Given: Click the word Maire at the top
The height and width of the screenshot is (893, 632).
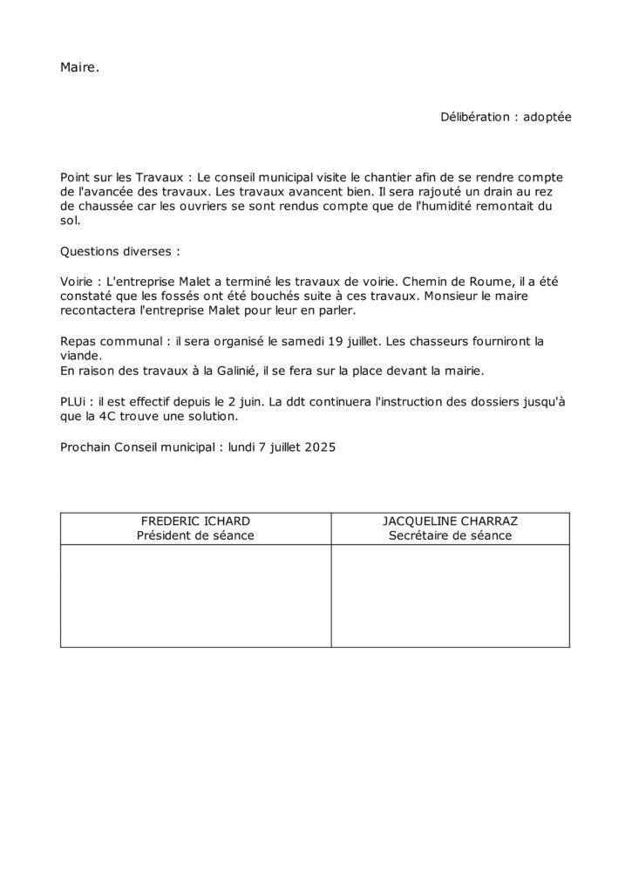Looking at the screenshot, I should click(x=79, y=67).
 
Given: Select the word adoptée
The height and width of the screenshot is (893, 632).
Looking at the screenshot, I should click(x=547, y=116).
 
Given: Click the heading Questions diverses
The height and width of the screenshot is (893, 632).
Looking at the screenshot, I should click(x=119, y=251).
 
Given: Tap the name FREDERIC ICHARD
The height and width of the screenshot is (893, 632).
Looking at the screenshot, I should click(x=195, y=521).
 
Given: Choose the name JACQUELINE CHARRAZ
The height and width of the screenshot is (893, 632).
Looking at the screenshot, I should click(x=450, y=521).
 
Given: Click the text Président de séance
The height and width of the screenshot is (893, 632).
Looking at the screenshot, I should click(x=195, y=535).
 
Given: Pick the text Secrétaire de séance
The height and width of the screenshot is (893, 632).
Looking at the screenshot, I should click(x=450, y=535).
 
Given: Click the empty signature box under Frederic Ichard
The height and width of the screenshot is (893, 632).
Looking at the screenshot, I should click(x=195, y=596).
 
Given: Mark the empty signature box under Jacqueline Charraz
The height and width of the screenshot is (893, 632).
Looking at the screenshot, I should click(x=450, y=596).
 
